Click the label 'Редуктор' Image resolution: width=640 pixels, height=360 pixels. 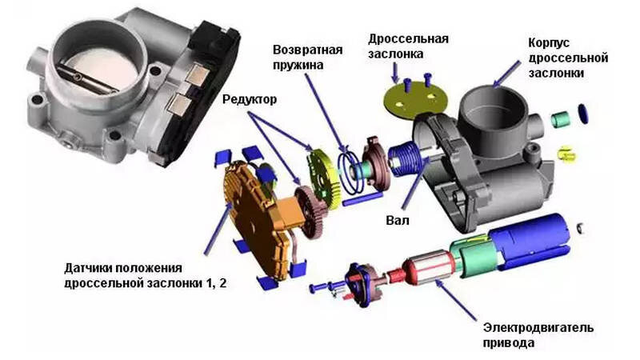point(250,99)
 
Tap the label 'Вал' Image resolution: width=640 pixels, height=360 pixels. point(397,221)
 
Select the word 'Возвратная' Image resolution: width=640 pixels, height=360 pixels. point(308,50)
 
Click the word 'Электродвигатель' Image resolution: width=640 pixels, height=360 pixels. point(538,328)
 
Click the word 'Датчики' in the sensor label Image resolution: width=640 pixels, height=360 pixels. point(89,268)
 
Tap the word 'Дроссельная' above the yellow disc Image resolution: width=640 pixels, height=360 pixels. point(408,39)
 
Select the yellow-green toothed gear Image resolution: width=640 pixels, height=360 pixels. point(324,178)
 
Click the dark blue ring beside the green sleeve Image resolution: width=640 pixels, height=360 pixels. point(583,114)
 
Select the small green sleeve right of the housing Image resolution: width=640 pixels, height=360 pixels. point(561,118)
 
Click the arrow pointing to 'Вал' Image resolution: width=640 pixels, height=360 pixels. point(416,185)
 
